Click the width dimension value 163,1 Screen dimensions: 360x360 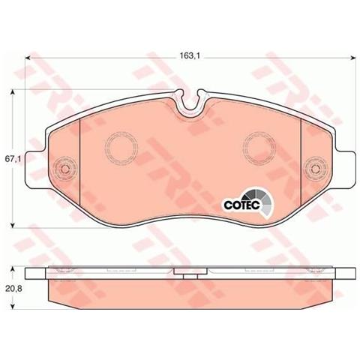pyautogui.click(x=188, y=54)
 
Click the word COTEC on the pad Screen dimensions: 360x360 pyautogui.click(x=239, y=203)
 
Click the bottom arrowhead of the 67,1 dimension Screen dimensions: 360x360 pyautogui.click(x=14, y=225)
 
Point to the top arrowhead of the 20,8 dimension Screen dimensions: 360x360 pyautogui.click(x=14, y=270)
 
